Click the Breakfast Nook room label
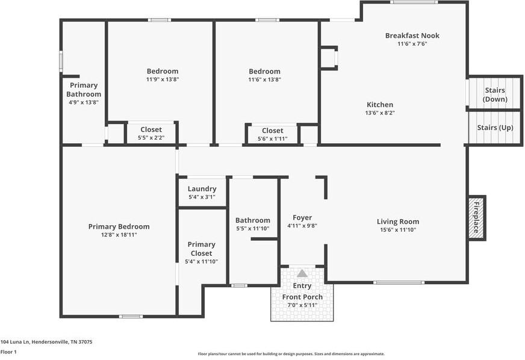pos(412,36)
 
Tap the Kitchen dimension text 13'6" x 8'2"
pos(379,113)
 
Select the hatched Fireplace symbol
pos(476,217)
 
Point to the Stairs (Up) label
pos(495,128)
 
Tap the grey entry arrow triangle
pos(302,273)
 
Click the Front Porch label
pos(302,297)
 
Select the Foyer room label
pos(302,217)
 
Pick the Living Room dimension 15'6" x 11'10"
pos(398,230)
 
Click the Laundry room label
pos(202,188)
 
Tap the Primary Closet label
pos(201,249)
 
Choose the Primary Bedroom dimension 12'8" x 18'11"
pos(119,235)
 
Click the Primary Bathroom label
pos(83,90)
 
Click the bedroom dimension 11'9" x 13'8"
pos(162,79)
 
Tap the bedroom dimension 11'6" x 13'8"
pos(264,79)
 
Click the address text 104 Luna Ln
pos(46,341)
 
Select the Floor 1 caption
pos(8,352)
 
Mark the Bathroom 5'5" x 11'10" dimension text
pos(252,229)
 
